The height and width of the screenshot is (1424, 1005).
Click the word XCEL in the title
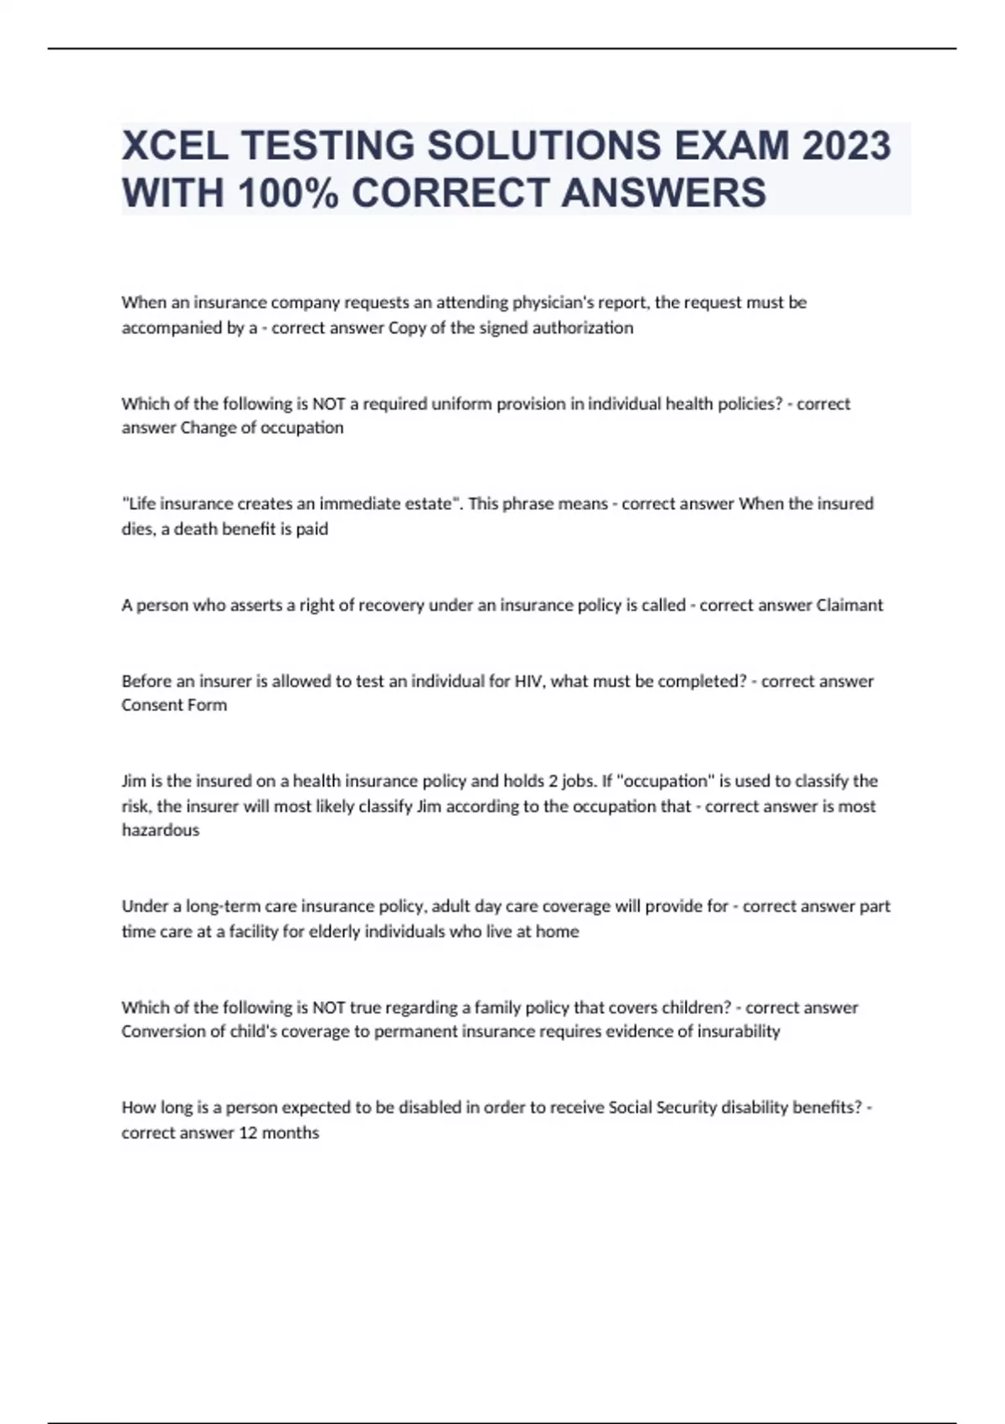pyautogui.click(x=174, y=146)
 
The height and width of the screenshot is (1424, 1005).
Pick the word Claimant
pyautogui.click(x=849, y=605)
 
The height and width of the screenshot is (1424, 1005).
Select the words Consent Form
pyautogui.click(x=174, y=705)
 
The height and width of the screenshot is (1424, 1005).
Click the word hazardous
pyautogui.click(x=161, y=830)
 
